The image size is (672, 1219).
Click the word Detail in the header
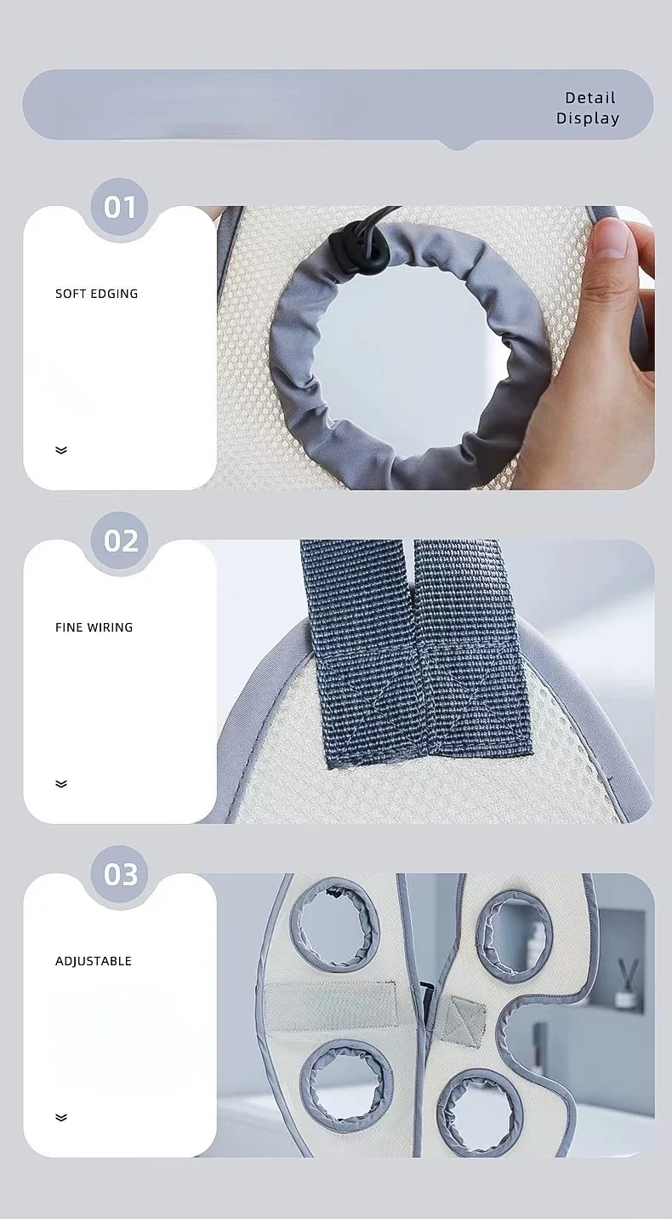[589, 98]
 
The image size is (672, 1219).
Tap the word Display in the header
[588, 118]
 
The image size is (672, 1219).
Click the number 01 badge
[119, 208]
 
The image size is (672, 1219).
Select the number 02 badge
[119, 541]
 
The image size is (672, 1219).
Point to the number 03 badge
[119, 874]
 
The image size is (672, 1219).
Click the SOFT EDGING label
[97, 294]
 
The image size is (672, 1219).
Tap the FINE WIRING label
[94, 627]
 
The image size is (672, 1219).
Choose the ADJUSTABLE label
[94, 961]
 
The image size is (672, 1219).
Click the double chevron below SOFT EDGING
[61, 450]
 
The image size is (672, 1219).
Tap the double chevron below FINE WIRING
[61, 784]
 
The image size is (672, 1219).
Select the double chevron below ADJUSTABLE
[61, 1117]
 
